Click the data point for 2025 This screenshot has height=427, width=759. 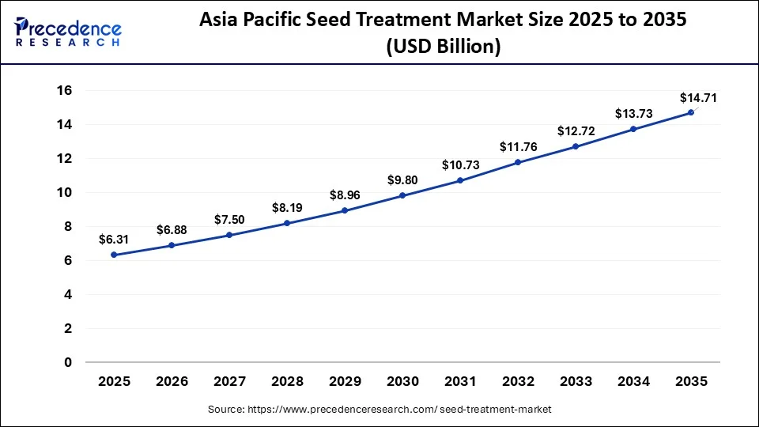115,255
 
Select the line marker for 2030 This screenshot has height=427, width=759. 402,195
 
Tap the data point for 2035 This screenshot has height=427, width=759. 691,112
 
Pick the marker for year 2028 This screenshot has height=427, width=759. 287,223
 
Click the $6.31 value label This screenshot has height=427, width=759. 115,239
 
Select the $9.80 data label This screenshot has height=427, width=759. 402,179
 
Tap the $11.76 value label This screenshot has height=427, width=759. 518,146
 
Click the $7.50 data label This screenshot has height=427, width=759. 230,219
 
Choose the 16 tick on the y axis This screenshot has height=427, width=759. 64,91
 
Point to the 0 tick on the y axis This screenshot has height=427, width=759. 68,362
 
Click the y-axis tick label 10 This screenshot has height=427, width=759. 64,192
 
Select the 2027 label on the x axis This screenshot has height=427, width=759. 230,381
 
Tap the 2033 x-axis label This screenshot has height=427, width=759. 576,381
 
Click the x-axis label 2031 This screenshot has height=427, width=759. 460,381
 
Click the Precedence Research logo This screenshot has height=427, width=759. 68,32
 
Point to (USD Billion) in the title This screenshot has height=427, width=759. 443,47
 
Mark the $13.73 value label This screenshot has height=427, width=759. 633,114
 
